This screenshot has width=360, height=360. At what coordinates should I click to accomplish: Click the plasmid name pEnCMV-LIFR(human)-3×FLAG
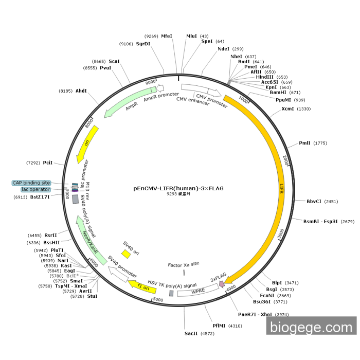pos(178,188)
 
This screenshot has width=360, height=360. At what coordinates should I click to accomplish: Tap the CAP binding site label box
pos(32,183)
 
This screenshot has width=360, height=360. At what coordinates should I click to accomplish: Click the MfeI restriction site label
pos(167,36)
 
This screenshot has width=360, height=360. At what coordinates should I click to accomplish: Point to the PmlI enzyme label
pos(305,143)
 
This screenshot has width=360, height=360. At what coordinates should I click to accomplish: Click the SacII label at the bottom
pos(191,333)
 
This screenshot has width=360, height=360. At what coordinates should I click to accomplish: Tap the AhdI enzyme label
pos(81,91)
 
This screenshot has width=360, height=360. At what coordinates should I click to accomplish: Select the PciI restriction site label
pos(48,163)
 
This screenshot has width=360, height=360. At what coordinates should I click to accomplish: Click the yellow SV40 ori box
pos(126,254)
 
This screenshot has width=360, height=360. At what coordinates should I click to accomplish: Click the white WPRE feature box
pos(198,291)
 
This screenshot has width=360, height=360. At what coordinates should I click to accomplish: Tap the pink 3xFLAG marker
pos(222,284)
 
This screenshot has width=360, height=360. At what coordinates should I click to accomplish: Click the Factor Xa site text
pos(184,265)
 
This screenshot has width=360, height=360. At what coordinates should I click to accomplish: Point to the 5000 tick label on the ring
pos(158,299)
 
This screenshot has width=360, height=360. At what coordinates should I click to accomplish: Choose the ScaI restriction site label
pos(114,61)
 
